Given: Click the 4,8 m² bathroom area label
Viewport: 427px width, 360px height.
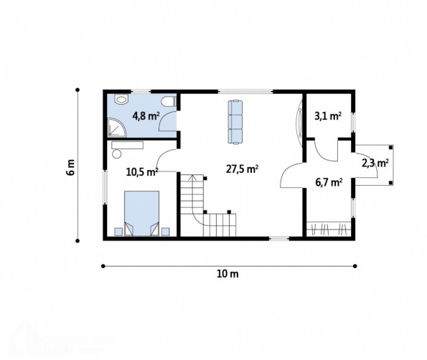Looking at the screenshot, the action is tap(146, 116).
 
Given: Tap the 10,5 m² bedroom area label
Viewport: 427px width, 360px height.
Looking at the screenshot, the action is tap(142, 171).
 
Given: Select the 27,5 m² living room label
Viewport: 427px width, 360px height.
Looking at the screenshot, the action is tap(242, 169).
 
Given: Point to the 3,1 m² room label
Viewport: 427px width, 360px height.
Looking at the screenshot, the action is tap(328, 116).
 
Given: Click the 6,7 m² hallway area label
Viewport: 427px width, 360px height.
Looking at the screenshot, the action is tap(329, 182).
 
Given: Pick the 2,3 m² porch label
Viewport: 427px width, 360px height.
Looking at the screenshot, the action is tap(375, 164).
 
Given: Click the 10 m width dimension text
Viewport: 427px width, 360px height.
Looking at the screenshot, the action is tap(227, 274).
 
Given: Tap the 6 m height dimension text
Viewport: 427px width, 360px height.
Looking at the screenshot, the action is tap(70, 167).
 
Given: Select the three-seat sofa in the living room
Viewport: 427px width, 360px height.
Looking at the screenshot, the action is tap(235, 122).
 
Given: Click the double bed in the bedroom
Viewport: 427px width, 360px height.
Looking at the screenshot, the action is tap(141, 213).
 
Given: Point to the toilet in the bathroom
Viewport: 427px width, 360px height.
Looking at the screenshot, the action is tap(169, 102).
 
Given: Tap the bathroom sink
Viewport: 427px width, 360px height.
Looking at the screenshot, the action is tap(121, 99).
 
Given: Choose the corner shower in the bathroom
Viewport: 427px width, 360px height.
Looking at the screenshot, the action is tap(117, 128).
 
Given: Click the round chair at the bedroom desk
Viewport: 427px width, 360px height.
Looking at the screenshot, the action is tap(117, 153).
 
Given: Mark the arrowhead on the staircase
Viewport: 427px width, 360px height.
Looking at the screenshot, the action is tap(192, 177).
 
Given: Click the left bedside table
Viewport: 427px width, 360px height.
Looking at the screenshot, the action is tap(118, 232).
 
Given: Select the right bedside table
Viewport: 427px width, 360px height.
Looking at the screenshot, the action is tap(166, 232).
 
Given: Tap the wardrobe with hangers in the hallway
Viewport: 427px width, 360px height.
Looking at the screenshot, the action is tap(329, 229).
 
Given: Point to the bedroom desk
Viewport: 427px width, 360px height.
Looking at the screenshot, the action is tap(128, 145).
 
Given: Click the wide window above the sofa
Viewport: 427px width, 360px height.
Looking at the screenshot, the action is tap(245, 91).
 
